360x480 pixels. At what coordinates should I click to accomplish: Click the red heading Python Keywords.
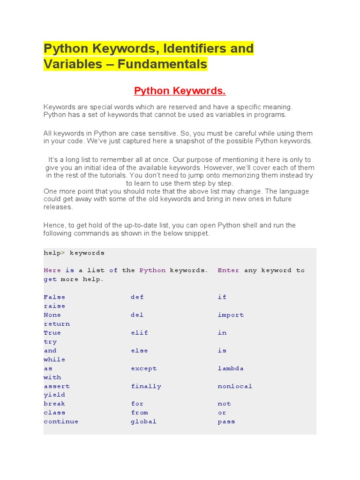pyautogui.click(x=177, y=90)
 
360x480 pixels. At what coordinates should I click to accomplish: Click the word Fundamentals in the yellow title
pyautogui.click(x=162, y=64)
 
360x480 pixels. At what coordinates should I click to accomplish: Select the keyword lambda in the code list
pyautogui.click(x=231, y=368)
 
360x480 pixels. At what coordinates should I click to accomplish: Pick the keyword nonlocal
pyautogui.click(x=235, y=386)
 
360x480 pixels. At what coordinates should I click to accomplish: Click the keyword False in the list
pyautogui.click(x=54, y=297)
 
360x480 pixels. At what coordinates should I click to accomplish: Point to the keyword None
pyautogui.click(x=52, y=315)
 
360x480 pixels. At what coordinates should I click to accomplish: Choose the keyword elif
pyautogui.click(x=139, y=333)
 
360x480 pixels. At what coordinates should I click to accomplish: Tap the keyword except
pyautogui.click(x=143, y=368)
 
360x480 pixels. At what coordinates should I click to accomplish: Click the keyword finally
pyautogui.click(x=146, y=386)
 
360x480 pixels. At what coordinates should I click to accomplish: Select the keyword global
pyautogui.click(x=143, y=421)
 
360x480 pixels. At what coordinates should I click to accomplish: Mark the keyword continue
pyautogui.click(x=61, y=421)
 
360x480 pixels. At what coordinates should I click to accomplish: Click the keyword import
pyautogui.click(x=231, y=315)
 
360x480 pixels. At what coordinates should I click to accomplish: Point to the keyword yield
pyautogui.click(x=54, y=395)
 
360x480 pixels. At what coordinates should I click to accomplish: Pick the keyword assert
pyautogui.click(x=57, y=386)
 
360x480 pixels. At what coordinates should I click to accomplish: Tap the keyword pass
pyautogui.click(x=226, y=421)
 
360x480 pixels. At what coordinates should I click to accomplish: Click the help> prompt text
pyautogui.click(x=52, y=253)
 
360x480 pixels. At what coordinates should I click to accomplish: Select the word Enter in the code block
pyautogui.click(x=228, y=270)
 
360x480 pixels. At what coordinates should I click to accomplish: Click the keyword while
pyautogui.click(x=54, y=360)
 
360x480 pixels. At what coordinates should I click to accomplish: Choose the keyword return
pyautogui.click(x=57, y=324)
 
